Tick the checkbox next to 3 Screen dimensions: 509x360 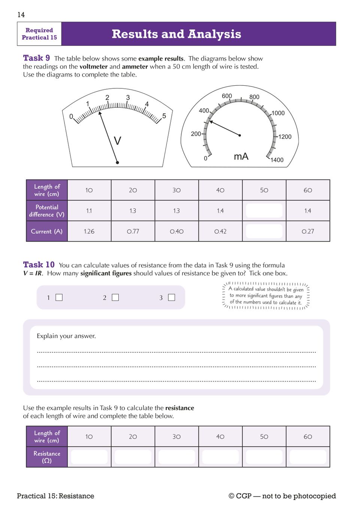coord(172,298)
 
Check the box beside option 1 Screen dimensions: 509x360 coord(59,298)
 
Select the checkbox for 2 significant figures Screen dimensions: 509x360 coord(115,298)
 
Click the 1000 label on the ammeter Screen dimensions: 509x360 coord(278,113)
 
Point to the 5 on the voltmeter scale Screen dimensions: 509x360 coord(164,116)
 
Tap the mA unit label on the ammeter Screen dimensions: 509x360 coord(241,156)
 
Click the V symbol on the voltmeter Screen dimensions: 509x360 coord(117,141)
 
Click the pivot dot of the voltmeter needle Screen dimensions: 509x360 coord(117,162)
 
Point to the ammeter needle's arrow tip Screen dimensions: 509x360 coord(211,121)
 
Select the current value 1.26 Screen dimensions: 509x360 coord(89,231)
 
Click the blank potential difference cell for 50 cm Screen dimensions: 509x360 coord(264,211)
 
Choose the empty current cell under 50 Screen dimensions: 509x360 coord(264,231)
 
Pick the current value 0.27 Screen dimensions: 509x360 coord(308,231)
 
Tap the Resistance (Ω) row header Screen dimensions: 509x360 coord(47,457)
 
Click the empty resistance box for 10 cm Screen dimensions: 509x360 coord(89,457)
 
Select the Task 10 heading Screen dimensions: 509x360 coord(39,265)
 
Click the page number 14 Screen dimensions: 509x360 coord(21,15)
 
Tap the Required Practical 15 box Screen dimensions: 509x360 coord(39,34)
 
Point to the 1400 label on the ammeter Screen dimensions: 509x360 coord(277,160)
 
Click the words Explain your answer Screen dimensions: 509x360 coord(66,336)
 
